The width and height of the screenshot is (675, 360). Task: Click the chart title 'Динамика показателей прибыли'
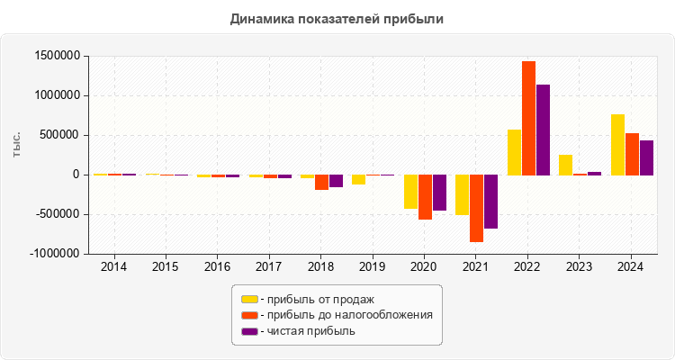click(x=337, y=18)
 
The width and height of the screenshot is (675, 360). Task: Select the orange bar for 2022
click(x=528, y=118)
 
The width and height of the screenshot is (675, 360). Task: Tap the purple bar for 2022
click(x=543, y=130)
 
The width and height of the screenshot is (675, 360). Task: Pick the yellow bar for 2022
click(x=514, y=152)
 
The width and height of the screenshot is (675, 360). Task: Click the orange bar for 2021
click(x=476, y=208)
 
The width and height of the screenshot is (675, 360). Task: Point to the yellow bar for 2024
click(x=617, y=144)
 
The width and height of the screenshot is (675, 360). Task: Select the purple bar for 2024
click(x=646, y=157)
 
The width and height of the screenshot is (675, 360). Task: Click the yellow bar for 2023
click(x=565, y=165)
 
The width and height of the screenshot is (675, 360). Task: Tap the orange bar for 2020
click(x=425, y=197)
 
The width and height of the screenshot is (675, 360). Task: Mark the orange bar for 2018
click(x=321, y=182)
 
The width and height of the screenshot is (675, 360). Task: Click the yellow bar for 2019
click(x=358, y=179)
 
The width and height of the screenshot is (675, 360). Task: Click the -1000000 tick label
click(x=53, y=254)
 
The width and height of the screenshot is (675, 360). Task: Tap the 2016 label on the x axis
click(x=217, y=267)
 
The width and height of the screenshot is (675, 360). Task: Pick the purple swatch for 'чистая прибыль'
click(x=249, y=331)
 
